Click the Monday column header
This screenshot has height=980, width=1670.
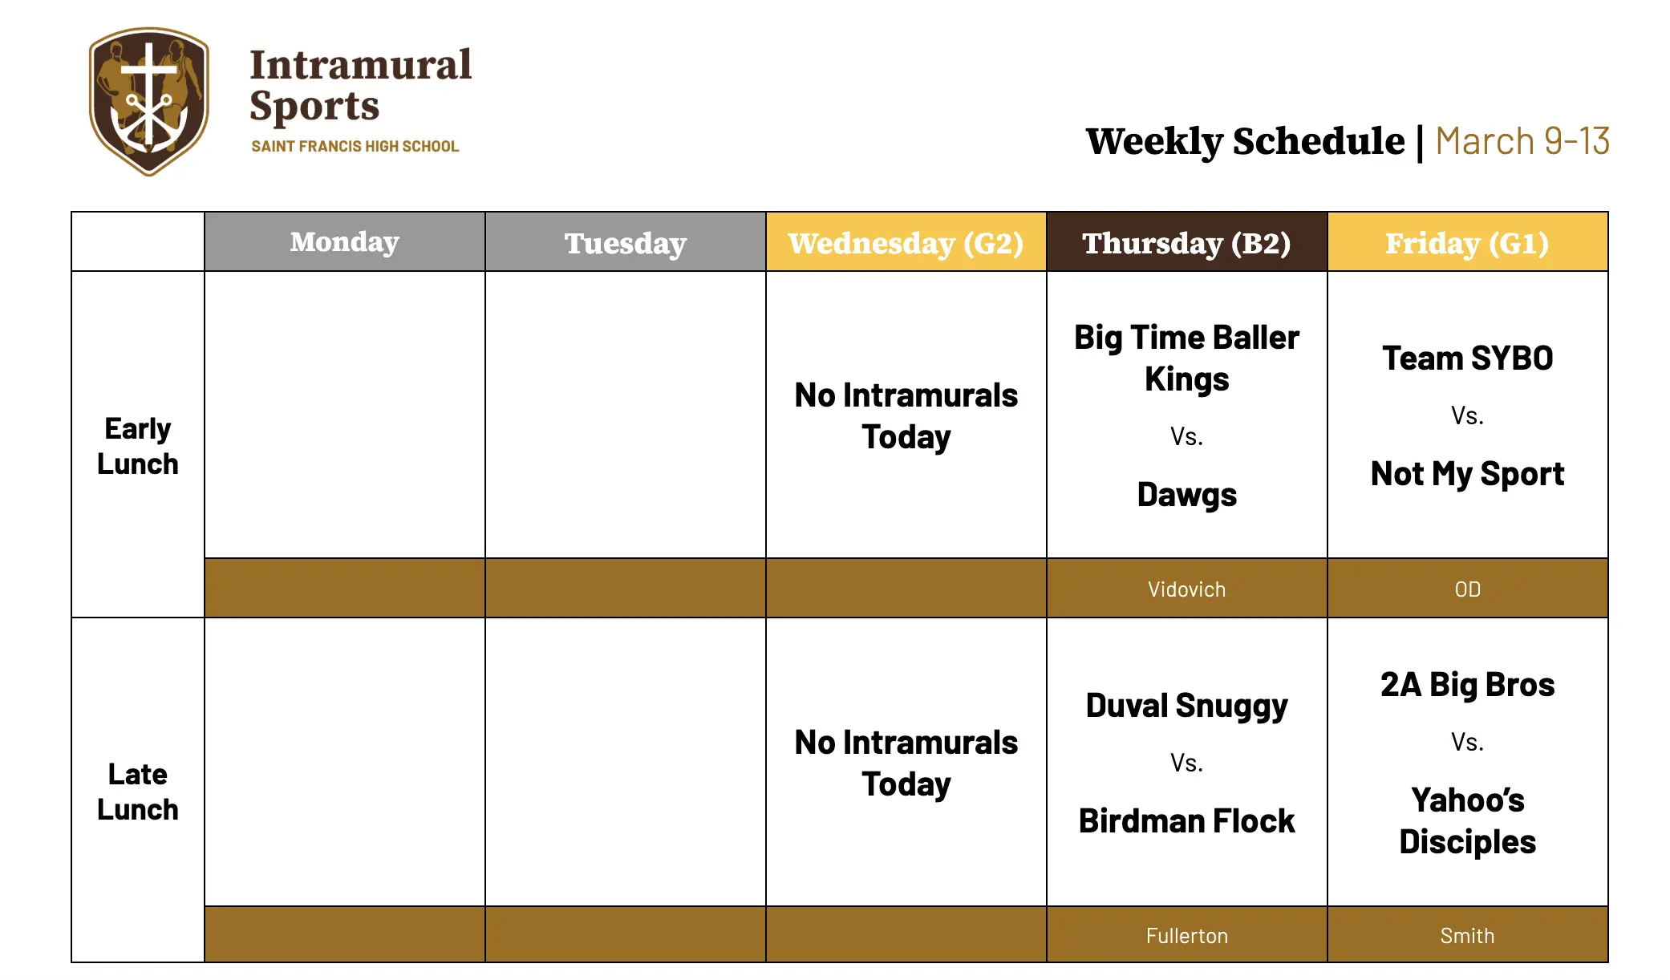click(344, 242)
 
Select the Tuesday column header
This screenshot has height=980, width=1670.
click(625, 243)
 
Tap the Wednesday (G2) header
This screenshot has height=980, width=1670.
click(906, 243)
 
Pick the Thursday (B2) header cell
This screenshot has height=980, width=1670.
click(1186, 243)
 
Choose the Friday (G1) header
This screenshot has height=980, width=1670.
click(1467, 243)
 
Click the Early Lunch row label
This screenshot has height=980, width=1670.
click(137, 446)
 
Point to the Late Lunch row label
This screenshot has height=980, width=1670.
click(137, 792)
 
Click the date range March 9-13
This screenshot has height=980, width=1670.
click(1522, 141)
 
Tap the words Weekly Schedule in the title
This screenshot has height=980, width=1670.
click(1245, 141)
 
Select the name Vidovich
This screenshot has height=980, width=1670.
click(1186, 589)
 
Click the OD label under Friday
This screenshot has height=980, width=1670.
click(1467, 589)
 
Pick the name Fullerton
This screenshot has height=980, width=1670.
click(1186, 936)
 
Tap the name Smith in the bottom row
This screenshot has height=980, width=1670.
click(1467, 936)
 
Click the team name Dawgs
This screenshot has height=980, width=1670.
click(1186, 495)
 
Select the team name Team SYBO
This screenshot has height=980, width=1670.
click(1467, 358)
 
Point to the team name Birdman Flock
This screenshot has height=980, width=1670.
click(1186, 821)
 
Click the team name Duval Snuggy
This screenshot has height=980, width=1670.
click(1186, 706)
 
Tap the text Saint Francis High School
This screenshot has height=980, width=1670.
click(355, 147)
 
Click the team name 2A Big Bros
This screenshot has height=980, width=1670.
click(1467, 685)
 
